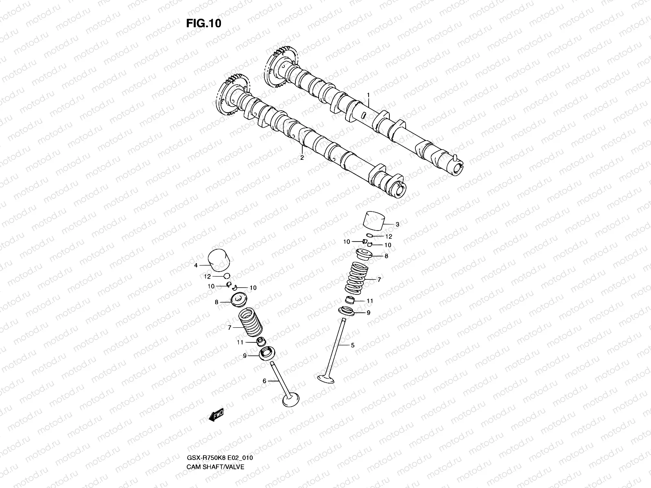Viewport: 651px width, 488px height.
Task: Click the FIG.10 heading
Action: point(203,24)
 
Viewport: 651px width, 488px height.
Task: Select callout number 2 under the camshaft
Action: point(302,157)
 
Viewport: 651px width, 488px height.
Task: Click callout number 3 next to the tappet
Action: point(397,224)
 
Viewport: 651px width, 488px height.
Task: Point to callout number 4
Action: point(196,265)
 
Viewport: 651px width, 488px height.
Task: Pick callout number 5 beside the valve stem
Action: point(352,345)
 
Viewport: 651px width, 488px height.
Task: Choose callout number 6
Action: point(264,381)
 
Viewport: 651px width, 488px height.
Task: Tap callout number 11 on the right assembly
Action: point(369,301)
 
